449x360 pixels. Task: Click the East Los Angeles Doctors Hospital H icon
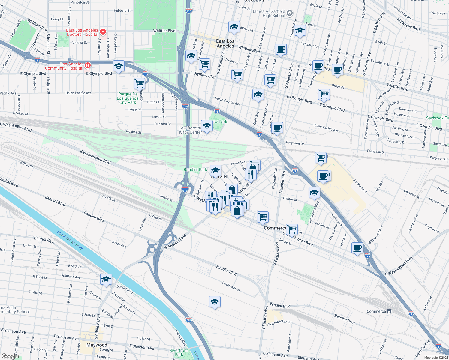pyautogui.click(x=103, y=31)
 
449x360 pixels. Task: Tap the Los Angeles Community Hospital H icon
pyautogui.click(x=87, y=65)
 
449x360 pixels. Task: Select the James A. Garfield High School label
pyautogui.click(x=269, y=13)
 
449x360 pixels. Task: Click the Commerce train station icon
pyautogui.click(x=389, y=311)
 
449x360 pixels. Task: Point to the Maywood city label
pyautogui.click(x=97, y=345)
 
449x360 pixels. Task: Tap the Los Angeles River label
pyautogui.click(x=70, y=240)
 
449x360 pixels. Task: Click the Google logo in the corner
pyautogui.click(x=10, y=356)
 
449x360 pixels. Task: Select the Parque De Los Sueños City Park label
pyautogui.click(x=128, y=98)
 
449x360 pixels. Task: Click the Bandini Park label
pyautogui.click(x=195, y=169)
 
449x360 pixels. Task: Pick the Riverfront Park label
pyautogui.click(x=179, y=352)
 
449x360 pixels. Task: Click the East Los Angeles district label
pyautogui.click(x=225, y=43)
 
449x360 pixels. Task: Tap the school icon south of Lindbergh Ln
pyautogui.click(x=215, y=302)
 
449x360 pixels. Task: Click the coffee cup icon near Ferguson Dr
pyautogui.click(x=277, y=127)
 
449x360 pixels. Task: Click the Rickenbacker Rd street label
pyautogui.click(x=279, y=323)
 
